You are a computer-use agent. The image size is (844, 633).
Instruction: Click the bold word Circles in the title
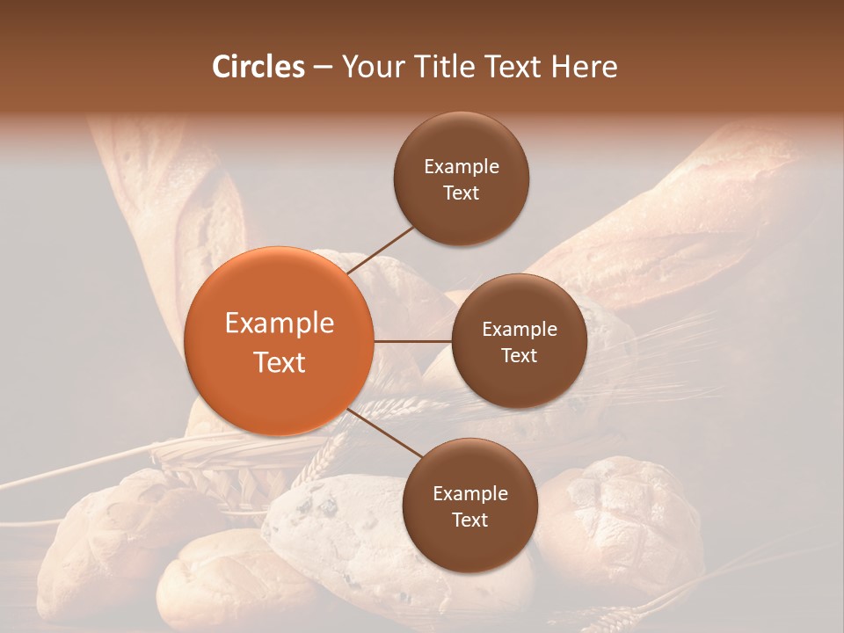coord(258,67)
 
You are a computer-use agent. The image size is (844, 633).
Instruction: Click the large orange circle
coord(279,341)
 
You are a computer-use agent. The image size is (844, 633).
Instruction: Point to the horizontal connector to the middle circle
coord(412,341)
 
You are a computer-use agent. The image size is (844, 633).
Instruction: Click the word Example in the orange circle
coord(280,324)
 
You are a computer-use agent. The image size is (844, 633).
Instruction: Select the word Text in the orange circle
coord(280,362)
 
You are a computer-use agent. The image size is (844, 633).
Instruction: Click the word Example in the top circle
coord(462,167)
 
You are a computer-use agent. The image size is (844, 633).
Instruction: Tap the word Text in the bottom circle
coord(469,520)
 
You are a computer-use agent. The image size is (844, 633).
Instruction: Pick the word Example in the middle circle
coord(520,330)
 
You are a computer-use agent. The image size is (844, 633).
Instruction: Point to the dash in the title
coord(323,68)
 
